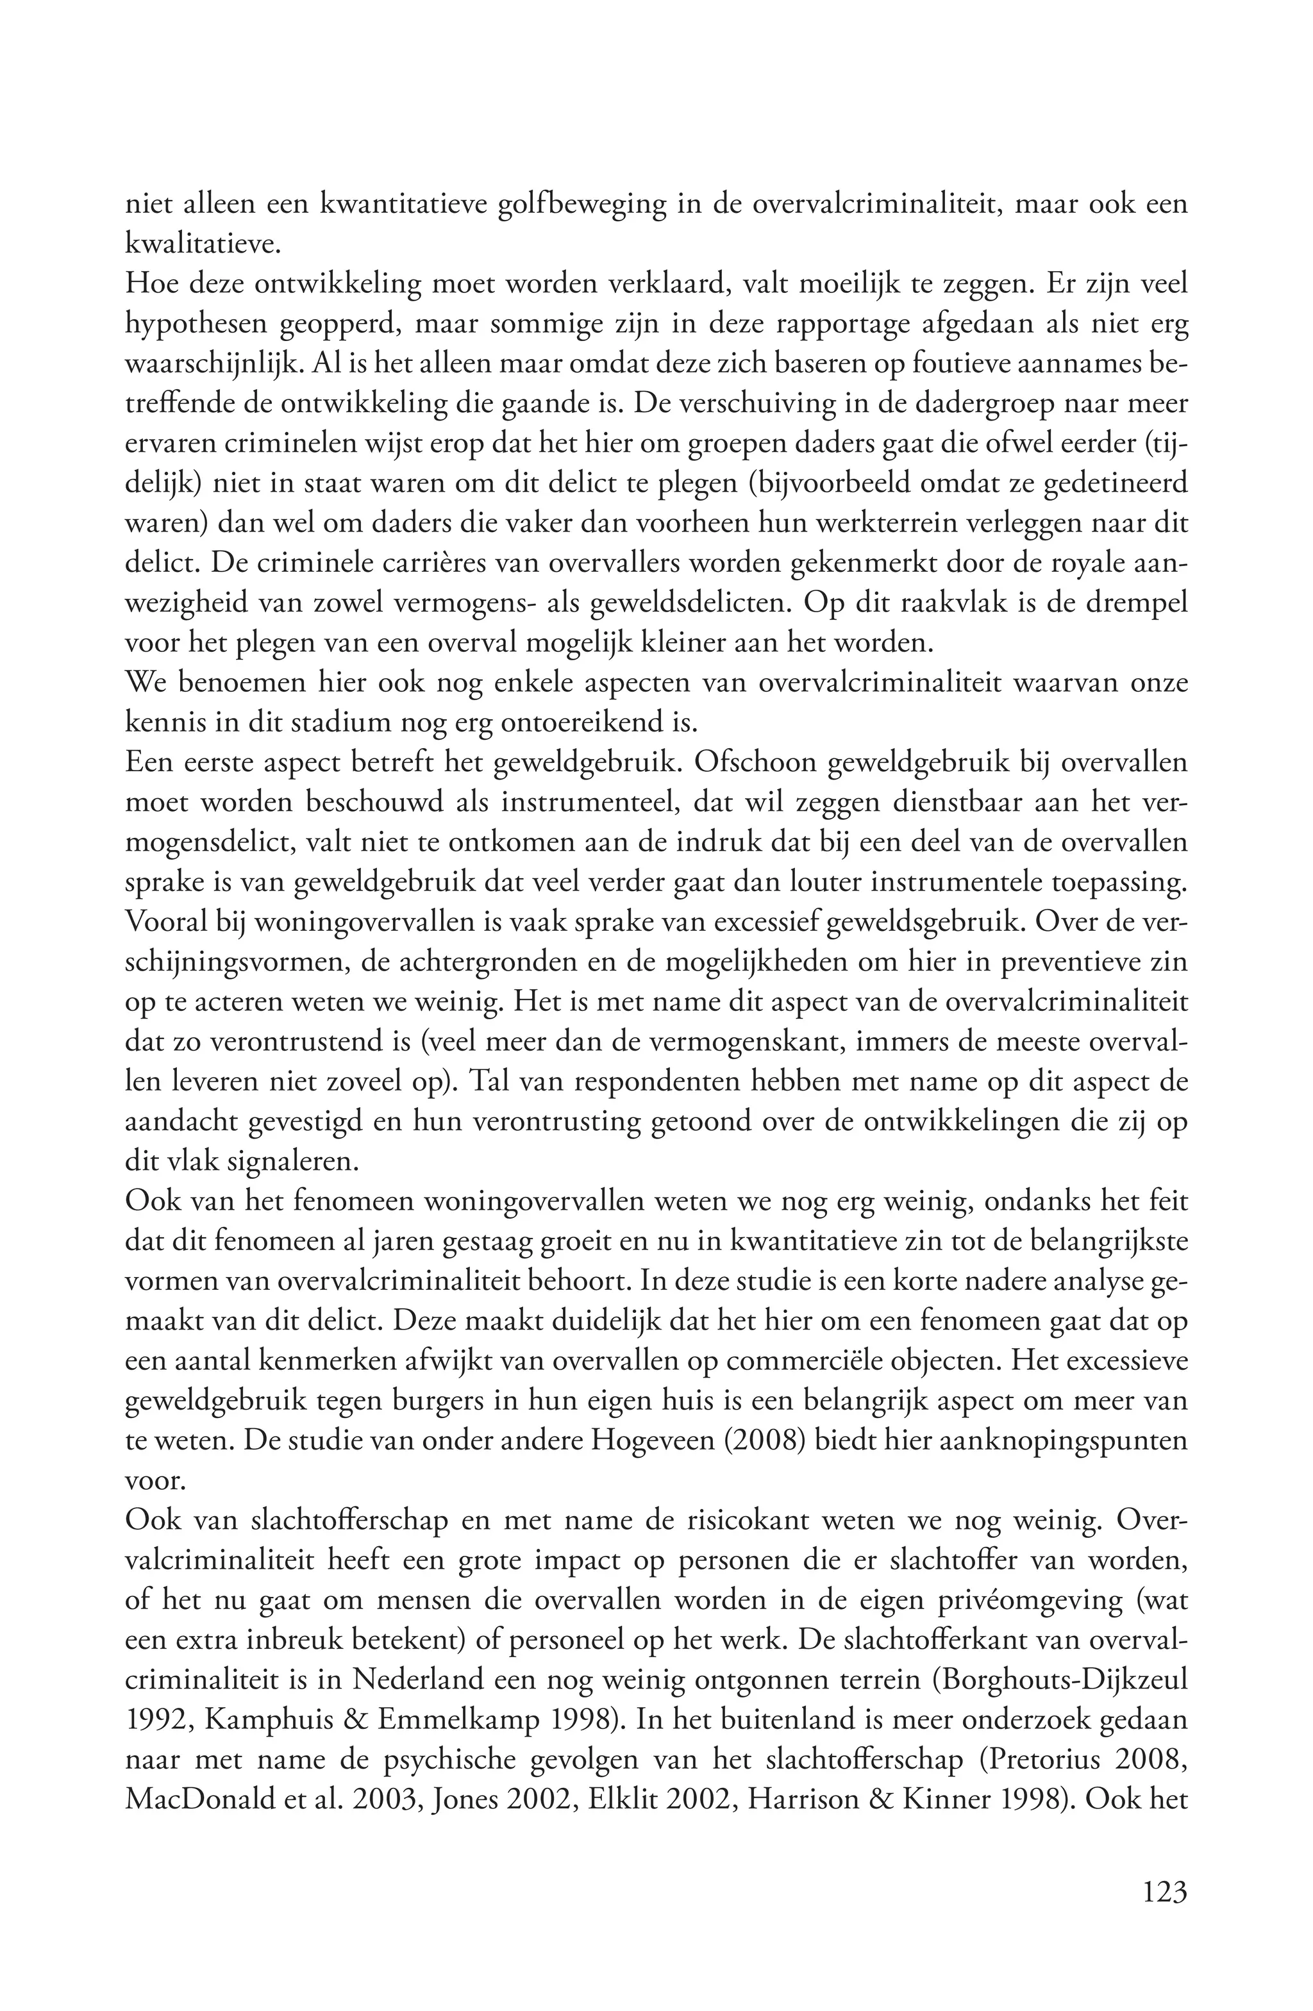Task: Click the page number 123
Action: [1164, 1890]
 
